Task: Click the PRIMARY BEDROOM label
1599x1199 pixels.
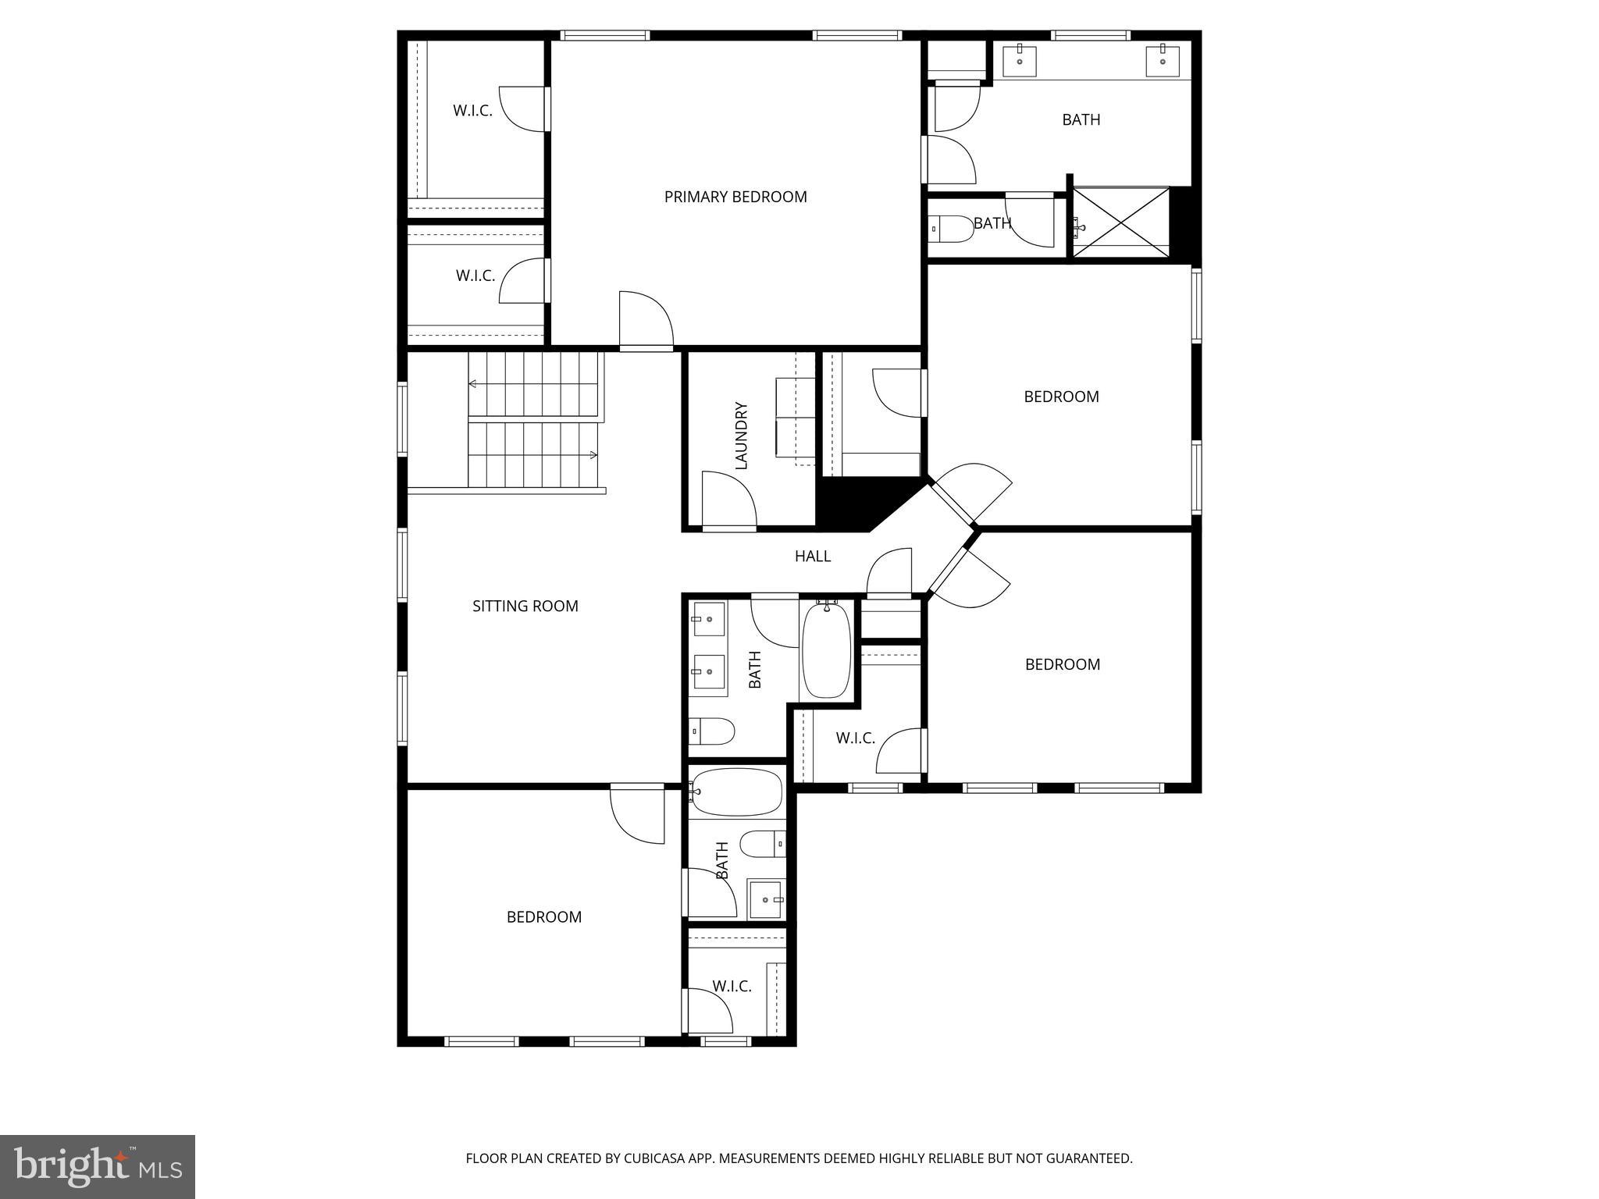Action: click(735, 197)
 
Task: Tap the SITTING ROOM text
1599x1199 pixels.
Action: click(525, 606)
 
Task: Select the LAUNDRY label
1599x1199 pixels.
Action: click(742, 436)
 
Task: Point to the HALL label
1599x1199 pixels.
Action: click(812, 556)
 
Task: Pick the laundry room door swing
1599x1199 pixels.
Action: click(728, 500)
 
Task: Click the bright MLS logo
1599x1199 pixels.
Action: click(97, 1166)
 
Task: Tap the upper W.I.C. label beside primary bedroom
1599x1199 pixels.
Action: click(472, 111)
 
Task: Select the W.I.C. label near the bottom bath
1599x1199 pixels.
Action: click(732, 986)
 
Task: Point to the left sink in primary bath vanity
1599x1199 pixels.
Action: click(1020, 60)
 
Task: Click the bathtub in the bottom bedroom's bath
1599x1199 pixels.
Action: click(735, 792)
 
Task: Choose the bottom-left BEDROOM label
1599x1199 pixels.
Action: click(543, 917)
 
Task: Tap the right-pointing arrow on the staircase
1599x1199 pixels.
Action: click(593, 455)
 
